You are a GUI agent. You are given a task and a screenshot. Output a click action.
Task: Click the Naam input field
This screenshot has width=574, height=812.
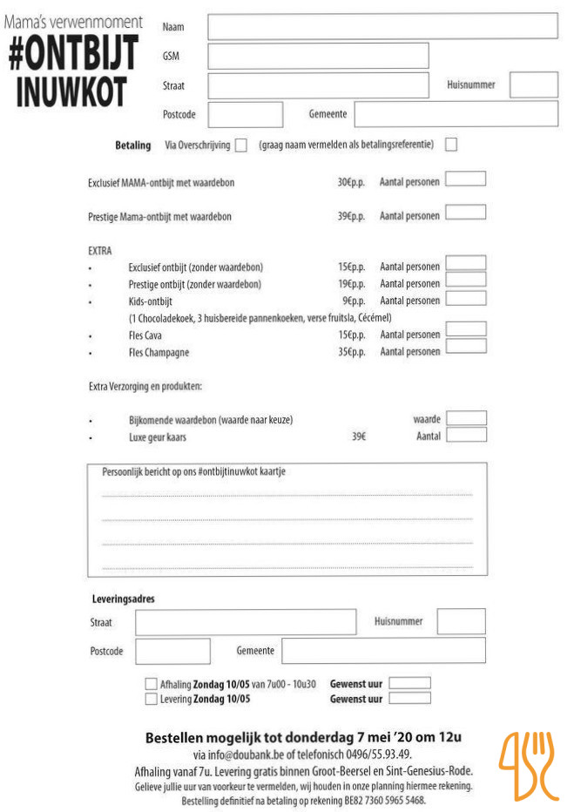pyautogui.click(x=382, y=26)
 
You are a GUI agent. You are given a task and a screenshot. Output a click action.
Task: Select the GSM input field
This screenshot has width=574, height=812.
pyautogui.click(x=318, y=56)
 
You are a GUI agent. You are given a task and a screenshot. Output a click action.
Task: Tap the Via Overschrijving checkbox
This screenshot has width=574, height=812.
pyautogui.click(x=241, y=145)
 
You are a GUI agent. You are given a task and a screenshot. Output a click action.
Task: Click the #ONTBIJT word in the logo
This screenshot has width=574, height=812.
pyautogui.click(x=73, y=55)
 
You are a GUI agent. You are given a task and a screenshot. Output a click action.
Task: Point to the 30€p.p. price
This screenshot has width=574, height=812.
pyautogui.click(x=351, y=183)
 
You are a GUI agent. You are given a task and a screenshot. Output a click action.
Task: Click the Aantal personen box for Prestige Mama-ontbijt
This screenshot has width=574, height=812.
pyautogui.click(x=466, y=212)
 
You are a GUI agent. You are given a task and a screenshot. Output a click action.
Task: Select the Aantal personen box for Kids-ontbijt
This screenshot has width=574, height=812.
pyautogui.click(x=466, y=298)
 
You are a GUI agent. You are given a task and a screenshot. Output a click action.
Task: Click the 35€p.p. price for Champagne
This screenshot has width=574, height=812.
pyautogui.click(x=351, y=353)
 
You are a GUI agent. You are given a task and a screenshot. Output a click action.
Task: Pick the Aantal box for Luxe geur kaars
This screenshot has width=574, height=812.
pyautogui.click(x=466, y=435)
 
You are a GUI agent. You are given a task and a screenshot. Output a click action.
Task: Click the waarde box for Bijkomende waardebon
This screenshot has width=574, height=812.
pyautogui.click(x=466, y=418)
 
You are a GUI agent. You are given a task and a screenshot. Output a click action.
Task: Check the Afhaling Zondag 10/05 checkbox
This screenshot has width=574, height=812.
pyautogui.click(x=152, y=684)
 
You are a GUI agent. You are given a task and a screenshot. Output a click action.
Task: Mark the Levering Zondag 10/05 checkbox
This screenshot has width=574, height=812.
pyautogui.click(x=152, y=699)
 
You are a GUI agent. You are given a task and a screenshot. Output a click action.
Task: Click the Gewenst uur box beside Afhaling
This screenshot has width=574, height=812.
pyautogui.click(x=409, y=683)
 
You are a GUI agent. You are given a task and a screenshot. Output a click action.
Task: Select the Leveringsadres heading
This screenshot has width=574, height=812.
pyautogui.click(x=124, y=599)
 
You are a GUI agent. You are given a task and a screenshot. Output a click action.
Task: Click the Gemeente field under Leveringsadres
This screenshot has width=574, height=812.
pyautogui.click(x=383, y=651)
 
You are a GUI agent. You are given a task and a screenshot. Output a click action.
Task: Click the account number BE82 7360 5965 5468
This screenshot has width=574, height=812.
pyautogui.click(x=382, y=800)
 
